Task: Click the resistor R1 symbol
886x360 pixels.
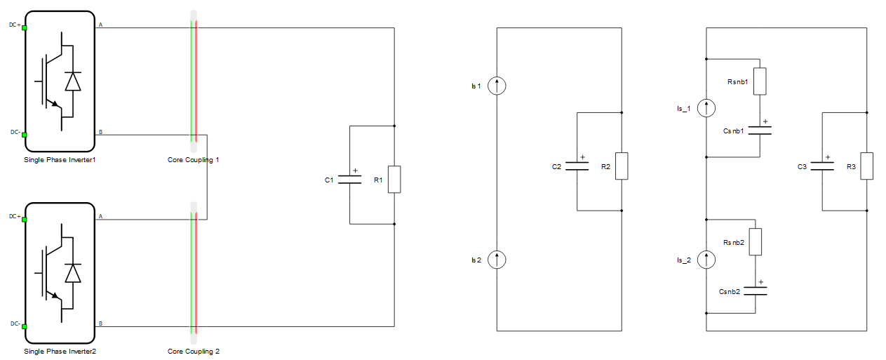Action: pyautogui.click(x=394, y=179)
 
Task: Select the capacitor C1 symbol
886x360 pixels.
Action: pyautogui.click(x=349, y=179)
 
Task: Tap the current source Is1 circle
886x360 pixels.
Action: pyautogui.click(x=497, y=86)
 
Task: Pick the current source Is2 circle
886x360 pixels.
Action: pyautogui.click(x=497, y=260)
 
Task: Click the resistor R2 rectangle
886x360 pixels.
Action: pyautogui.click(x=622, y=166)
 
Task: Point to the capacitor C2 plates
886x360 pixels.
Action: pyautogui.click(x=577, y=166)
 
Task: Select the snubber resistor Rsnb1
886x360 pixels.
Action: pyautogui.click(x=760, y=81)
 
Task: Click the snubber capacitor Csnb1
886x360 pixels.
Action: pyautogui.click(x=760, y=131)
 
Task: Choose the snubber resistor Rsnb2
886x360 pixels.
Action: pyautogui.click(x=756, y=241)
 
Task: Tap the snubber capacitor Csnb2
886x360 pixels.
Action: pyautogui.click(x=756, y=291)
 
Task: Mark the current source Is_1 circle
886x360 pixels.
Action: pyautogui.click(x=706, y=108)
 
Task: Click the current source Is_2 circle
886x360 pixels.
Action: pyautogui.click(x=706, y=260)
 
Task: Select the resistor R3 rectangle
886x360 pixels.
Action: pyautogui.click(x=866, y=166)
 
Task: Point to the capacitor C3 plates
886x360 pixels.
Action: pyautogui.click(x=822, y=166)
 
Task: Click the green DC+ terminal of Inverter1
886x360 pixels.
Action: pyautogui.click(x=24, y=27)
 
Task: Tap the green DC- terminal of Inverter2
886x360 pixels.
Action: pyautogui.click(x=24, y=326)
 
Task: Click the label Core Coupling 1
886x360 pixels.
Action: pyautogui.click(x=193, y=160)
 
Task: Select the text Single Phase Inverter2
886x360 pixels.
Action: pyautogui.click(x=60, y=352)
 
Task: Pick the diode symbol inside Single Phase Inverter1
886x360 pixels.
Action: pyautogui.click(x=73, y=81)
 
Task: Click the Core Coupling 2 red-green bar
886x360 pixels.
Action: pyautogui.click(x=194, y=273)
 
